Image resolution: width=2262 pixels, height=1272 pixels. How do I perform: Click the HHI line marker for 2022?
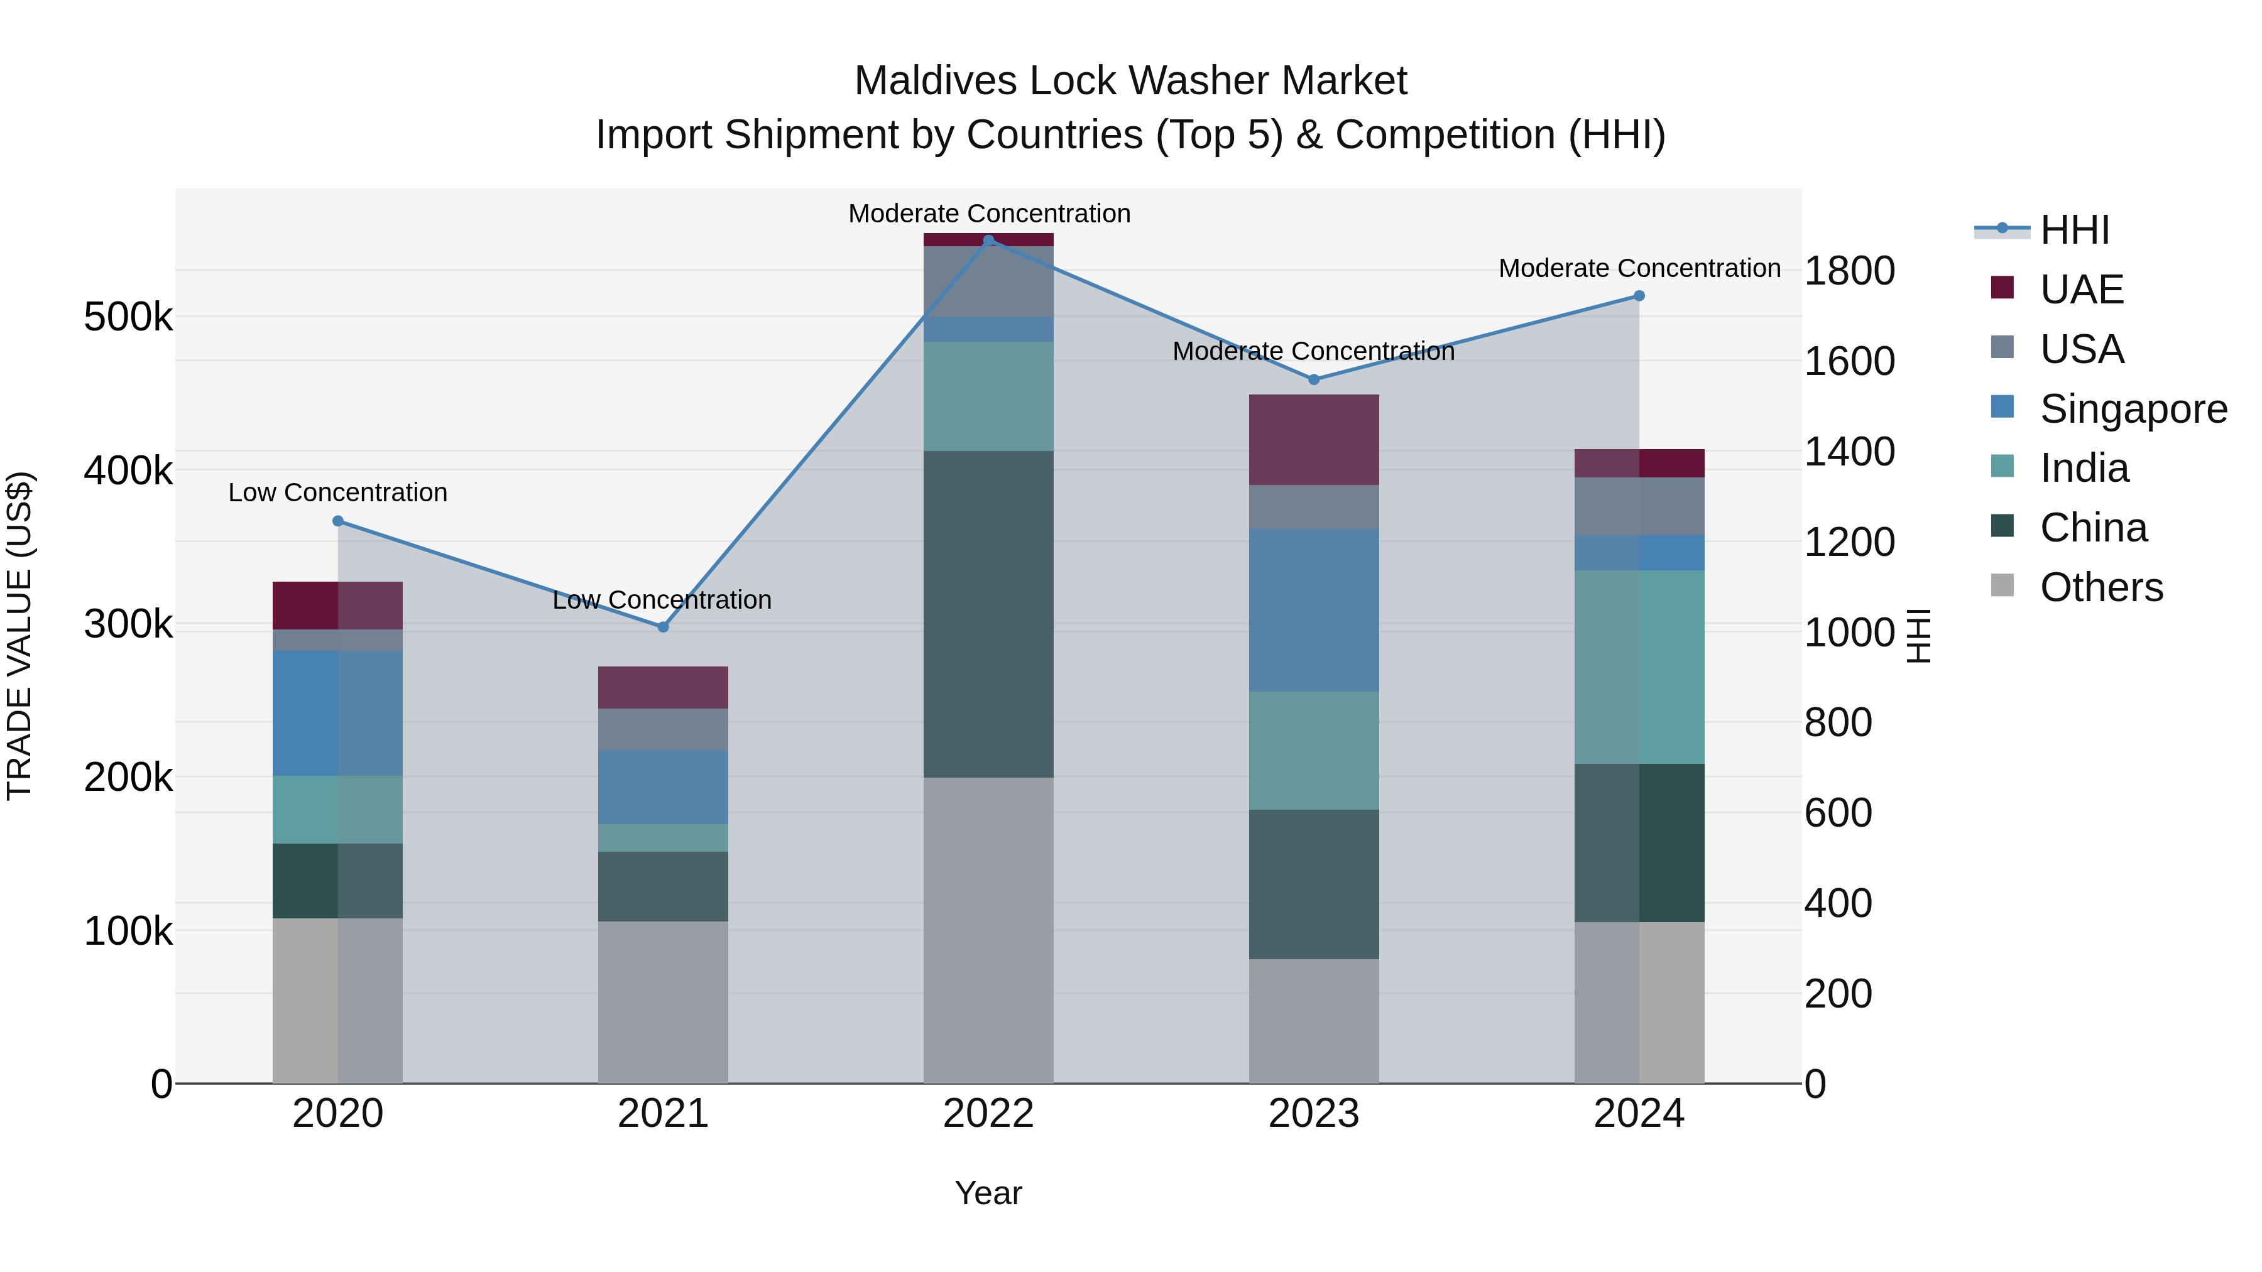point(989,241)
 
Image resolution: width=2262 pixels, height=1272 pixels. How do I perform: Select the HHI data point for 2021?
point(663,627)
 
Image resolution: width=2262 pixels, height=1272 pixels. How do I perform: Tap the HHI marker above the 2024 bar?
point(1639,296)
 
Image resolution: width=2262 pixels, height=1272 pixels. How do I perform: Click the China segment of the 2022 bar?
point(989,614)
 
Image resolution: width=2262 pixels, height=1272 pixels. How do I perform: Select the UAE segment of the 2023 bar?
point(1314,440)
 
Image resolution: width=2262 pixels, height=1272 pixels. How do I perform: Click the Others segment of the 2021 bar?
point(663,1002)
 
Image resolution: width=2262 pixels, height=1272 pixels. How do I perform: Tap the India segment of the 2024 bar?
point(1639,667)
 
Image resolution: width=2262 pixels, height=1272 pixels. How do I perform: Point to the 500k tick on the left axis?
point(128,317)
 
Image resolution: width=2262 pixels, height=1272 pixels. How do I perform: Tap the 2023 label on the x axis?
point(1314,1114)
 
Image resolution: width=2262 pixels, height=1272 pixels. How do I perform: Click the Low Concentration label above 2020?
point(337,492)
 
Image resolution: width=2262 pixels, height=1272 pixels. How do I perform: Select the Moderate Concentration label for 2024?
point(1639,268)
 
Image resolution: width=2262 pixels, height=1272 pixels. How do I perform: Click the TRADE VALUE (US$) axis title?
point(19,636)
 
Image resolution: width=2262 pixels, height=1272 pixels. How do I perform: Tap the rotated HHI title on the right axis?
point(1920,636)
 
